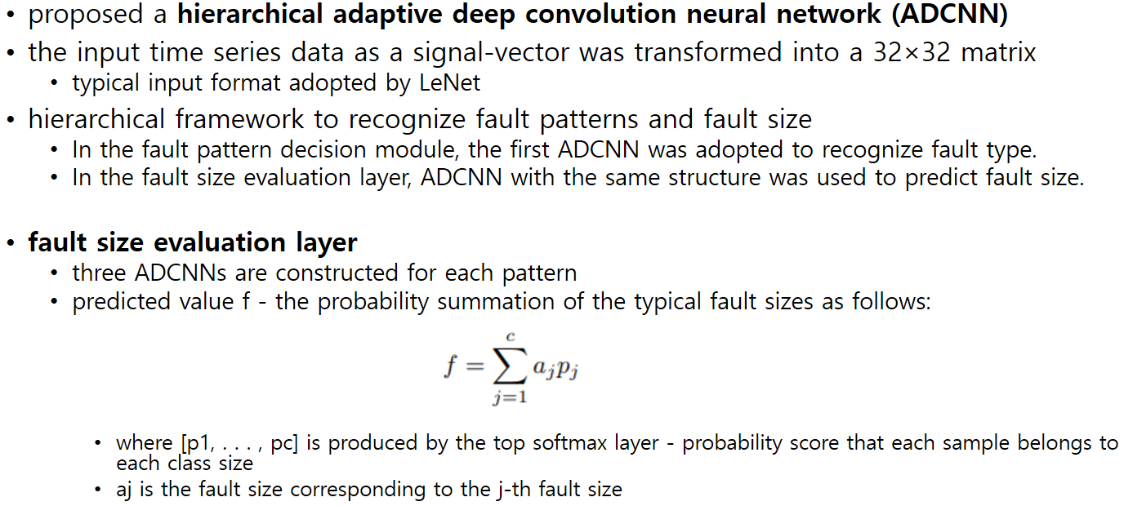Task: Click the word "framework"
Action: click(243, 119)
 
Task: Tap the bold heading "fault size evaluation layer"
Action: click(193, 242)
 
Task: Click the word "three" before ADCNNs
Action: click(98, 273)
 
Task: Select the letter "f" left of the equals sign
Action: click(448, 368)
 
